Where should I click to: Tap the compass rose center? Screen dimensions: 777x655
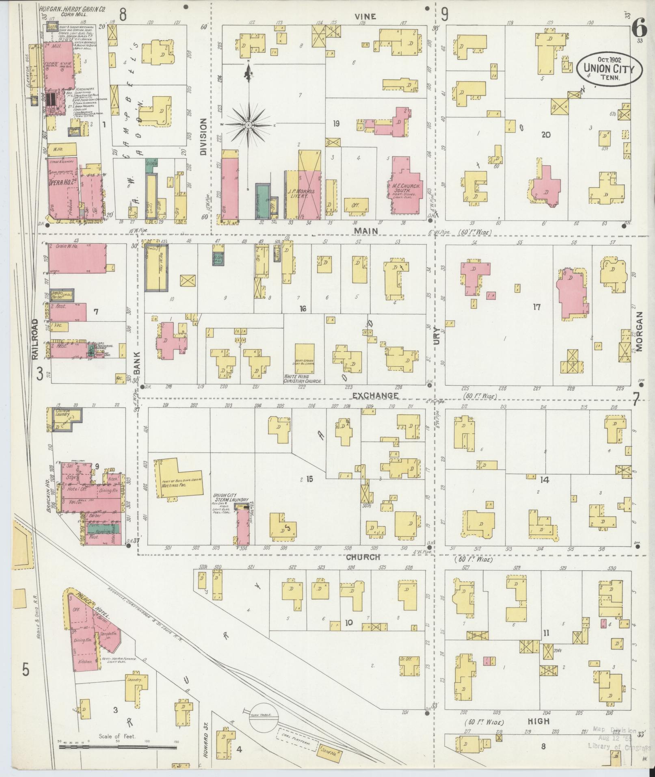248,125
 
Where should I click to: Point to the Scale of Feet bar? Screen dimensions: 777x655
117,747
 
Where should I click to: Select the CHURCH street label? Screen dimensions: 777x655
363,557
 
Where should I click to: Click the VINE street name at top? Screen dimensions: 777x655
365,16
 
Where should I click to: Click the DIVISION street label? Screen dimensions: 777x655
203,136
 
